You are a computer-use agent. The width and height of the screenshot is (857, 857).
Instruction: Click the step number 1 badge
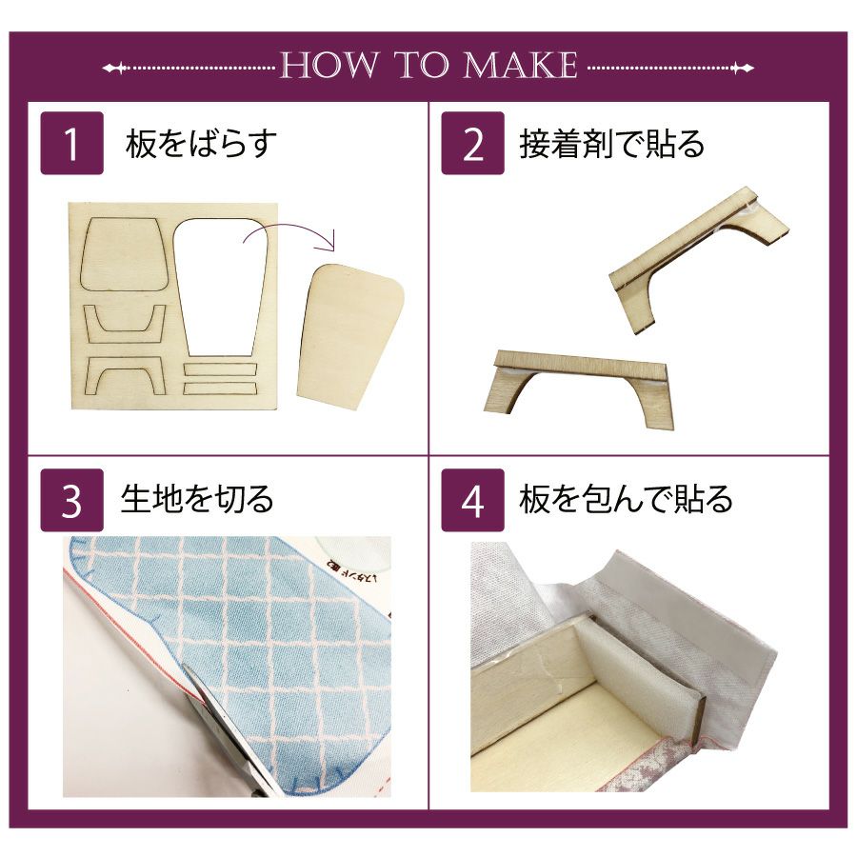72,143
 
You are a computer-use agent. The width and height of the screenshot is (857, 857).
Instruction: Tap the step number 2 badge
472,143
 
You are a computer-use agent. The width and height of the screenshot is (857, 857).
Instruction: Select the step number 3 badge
72,500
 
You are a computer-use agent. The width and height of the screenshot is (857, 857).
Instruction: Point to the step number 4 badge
472,500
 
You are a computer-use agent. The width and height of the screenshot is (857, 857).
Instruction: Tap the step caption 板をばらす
201,144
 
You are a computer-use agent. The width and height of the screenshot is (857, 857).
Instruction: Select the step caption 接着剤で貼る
612,144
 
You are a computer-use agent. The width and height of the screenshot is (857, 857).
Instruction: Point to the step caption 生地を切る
197,499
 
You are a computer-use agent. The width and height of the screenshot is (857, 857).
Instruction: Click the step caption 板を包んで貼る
627,499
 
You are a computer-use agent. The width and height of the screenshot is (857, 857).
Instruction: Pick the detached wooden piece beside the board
349,334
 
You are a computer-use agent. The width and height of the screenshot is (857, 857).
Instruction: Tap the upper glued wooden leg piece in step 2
701,257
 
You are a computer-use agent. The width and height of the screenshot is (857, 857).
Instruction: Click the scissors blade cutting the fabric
219,727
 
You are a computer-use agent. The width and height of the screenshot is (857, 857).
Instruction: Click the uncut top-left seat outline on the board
124,253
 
